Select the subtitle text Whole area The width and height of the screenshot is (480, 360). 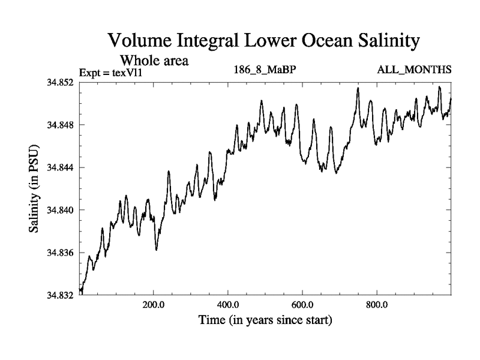click(x=155, y=61)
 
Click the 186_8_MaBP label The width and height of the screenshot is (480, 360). click(x=265, y=70)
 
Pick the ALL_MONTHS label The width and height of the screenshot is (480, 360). click(x=414, y=70)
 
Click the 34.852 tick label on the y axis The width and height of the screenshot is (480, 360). click(x=61, y=82)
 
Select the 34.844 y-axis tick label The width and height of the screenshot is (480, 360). click(x=61, y=167)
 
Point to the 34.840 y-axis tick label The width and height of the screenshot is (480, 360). click(x=61, y=210)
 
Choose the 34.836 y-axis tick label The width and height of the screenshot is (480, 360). click(x=61, y=253)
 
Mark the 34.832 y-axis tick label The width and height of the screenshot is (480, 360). click(x=61, y=295)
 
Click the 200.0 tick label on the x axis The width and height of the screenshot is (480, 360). click(x=154, y=304)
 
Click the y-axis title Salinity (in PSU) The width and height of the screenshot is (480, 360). click(x=35, y=188)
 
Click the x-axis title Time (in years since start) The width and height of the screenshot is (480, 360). click(x=265, y=320)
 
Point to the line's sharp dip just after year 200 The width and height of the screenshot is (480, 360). click(x=157, y=249)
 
